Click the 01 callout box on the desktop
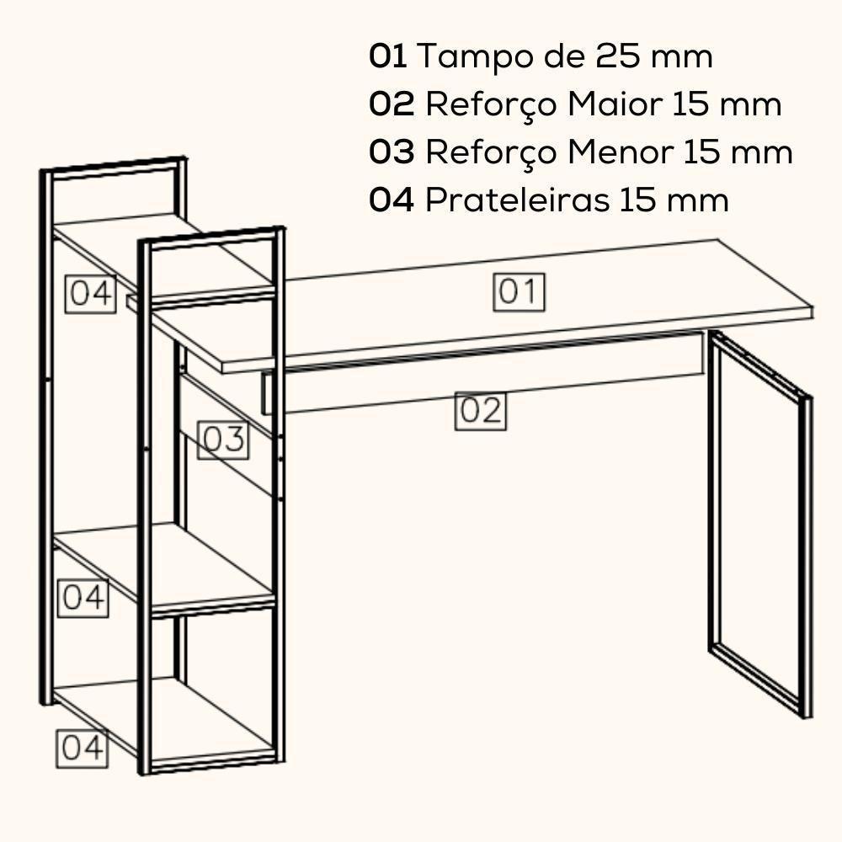(x=519, y=292)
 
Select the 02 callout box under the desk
(x=481, y=411)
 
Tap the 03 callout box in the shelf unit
(x=223, y=440)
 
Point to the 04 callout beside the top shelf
(x=91, y=294)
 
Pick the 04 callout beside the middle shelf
(x=84, y=597)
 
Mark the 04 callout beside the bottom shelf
(x=83, y=748)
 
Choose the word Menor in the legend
(x=620, y=152)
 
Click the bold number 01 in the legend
(x=388, y=56)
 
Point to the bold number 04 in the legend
(x=392, y=200)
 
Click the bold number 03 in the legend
(x=392, y=152)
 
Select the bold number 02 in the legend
(x=392, y=104)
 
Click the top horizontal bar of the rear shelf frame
(x=115, y=166)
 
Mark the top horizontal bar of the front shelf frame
(x=210, y=235)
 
